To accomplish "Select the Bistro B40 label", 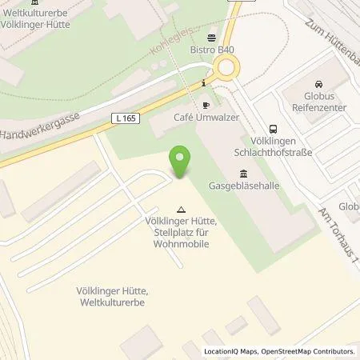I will (x=212, y=50).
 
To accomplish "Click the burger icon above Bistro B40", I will (x=212, y=38).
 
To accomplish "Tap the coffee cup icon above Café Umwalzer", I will (x=205, y=105).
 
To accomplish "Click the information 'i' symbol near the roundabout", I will (x=206, y=82).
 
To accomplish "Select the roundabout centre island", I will (x=229, y=70).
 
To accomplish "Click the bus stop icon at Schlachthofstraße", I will (x=274, y=128).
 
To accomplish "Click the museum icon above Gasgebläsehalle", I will (x=243, y=174).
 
